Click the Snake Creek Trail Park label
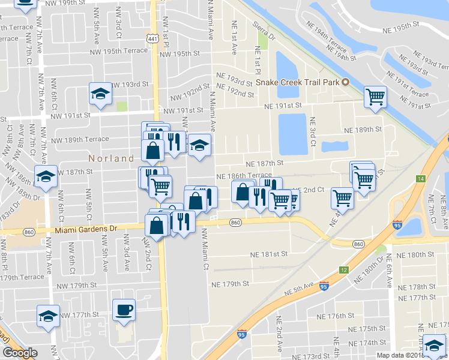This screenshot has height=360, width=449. coord(297,82)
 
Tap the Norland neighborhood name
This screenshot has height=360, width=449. coord(111,159)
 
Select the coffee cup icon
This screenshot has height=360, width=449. coord(124,310)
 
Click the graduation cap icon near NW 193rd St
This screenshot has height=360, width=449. coord(100,93)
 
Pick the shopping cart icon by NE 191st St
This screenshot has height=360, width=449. coord(375,96)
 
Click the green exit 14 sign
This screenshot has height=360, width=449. coord(421,179)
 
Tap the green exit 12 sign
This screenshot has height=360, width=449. coord(343,271)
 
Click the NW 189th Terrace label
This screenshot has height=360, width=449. coord(80,140)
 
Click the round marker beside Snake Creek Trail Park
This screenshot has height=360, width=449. coord(346,82)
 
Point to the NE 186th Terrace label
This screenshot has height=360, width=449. coord(244,176)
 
